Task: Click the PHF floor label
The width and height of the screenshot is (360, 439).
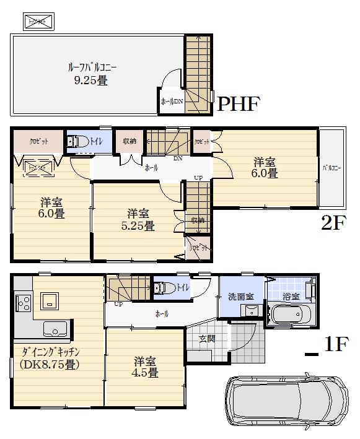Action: click(x=237, y=103)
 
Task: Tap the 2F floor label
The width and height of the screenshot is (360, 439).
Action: click(x=332, y=223)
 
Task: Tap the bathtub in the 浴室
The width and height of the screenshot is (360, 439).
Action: click(x=291, y=315)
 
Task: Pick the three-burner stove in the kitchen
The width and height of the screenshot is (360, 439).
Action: click(x=23, y=303)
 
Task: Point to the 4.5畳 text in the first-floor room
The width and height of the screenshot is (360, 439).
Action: click(x=144, y=373)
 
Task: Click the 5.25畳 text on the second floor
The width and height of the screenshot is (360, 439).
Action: click(x=138, y=226)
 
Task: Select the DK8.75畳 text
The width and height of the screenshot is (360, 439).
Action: click(x=50, y=365)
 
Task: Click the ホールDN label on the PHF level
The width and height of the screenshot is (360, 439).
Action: click(x=171, y=102)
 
